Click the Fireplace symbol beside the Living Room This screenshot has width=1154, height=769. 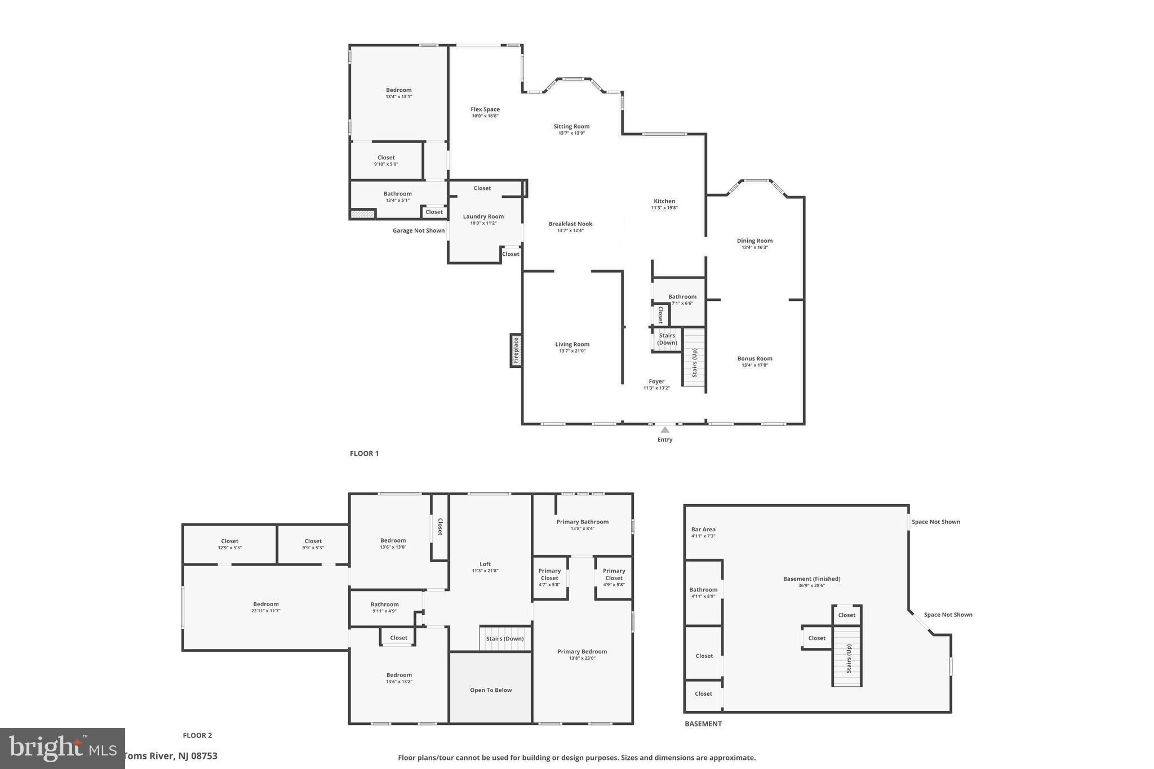(516, 350)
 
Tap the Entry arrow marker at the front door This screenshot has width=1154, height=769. (665, 430)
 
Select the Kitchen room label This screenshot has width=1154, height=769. (664, 201)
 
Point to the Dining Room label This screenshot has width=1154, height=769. (754, 241)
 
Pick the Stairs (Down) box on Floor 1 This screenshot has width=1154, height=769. (667, 339)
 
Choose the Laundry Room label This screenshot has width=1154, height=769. (483, 216)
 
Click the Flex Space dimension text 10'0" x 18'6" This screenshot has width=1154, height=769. (485, 116)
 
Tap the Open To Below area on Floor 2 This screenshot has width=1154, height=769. (491, 690)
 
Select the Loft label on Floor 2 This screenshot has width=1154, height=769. (485, 564)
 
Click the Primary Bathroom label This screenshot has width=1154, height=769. (583, 522)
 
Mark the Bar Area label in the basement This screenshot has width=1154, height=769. (703, 530)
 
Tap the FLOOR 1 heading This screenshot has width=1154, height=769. (364, 454)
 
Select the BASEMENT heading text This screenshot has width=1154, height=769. (703, 724)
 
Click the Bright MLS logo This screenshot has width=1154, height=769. (62, 748)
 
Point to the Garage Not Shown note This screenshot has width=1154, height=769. (419, 230)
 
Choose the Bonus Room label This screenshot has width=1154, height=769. (754, 358)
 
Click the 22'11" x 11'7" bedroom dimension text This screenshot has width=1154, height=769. (266, 611)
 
